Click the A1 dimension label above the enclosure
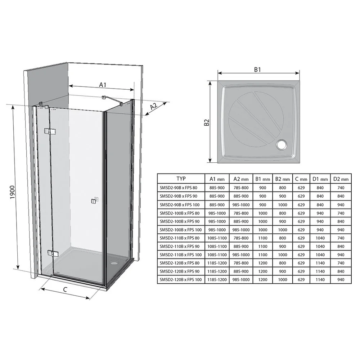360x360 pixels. tap(103, 85)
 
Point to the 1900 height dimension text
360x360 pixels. tap(12, 192)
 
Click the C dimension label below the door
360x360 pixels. tap(65, 289)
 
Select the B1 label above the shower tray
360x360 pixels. tap(257, 69)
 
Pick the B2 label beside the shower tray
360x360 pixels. tap(207, 122)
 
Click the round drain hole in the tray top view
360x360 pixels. tap(282, 145)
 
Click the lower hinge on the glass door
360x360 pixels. tap(53, 253)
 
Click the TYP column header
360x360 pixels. tap(181, 179)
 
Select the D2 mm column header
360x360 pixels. tap(341, 179)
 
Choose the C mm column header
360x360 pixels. tap(301, 179)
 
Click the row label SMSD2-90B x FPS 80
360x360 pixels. tap(179, 188)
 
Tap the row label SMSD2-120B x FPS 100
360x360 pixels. tap(181, 280)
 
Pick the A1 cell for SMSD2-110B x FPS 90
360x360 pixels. tap(217, 246)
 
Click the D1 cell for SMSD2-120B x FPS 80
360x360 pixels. tap(320, 263)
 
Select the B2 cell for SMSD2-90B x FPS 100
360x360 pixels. tap(283, 205)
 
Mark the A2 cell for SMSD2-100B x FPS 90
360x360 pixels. tap(241, 221)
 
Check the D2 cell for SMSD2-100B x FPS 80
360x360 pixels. tap(341, 213)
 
